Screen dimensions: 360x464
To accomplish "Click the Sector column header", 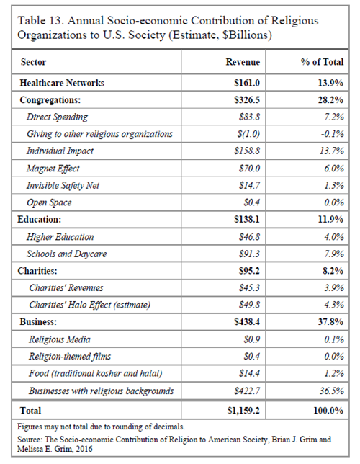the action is [x=33, y=62].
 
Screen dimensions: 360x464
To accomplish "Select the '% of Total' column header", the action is [x=322, y=62].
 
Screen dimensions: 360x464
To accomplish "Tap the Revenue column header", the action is [x=243, y=62].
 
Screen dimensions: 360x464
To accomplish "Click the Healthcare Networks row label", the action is [x=62, y=83].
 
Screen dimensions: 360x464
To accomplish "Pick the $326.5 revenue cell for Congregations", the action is [x=247, y=100].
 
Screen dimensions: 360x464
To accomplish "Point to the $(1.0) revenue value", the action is [x=248, y=134].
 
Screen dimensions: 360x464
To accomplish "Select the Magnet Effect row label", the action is [x=53, y=169].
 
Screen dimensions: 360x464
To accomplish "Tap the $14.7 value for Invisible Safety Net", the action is [x=249, y=185].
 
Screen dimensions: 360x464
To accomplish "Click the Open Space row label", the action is [x=49, y=202].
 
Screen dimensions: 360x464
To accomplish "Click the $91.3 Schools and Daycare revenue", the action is [x=249, y=254].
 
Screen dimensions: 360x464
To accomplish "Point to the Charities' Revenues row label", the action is [x=66, y=287].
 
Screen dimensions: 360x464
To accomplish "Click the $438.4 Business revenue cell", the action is [x=247, y=321].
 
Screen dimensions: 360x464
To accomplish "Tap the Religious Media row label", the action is [x=60, y=339].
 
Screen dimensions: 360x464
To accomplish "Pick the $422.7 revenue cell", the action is [x=247, y=391].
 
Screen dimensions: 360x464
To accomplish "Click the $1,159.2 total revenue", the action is [x=243, y=411].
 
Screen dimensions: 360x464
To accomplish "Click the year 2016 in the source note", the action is [x=84, y=449].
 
